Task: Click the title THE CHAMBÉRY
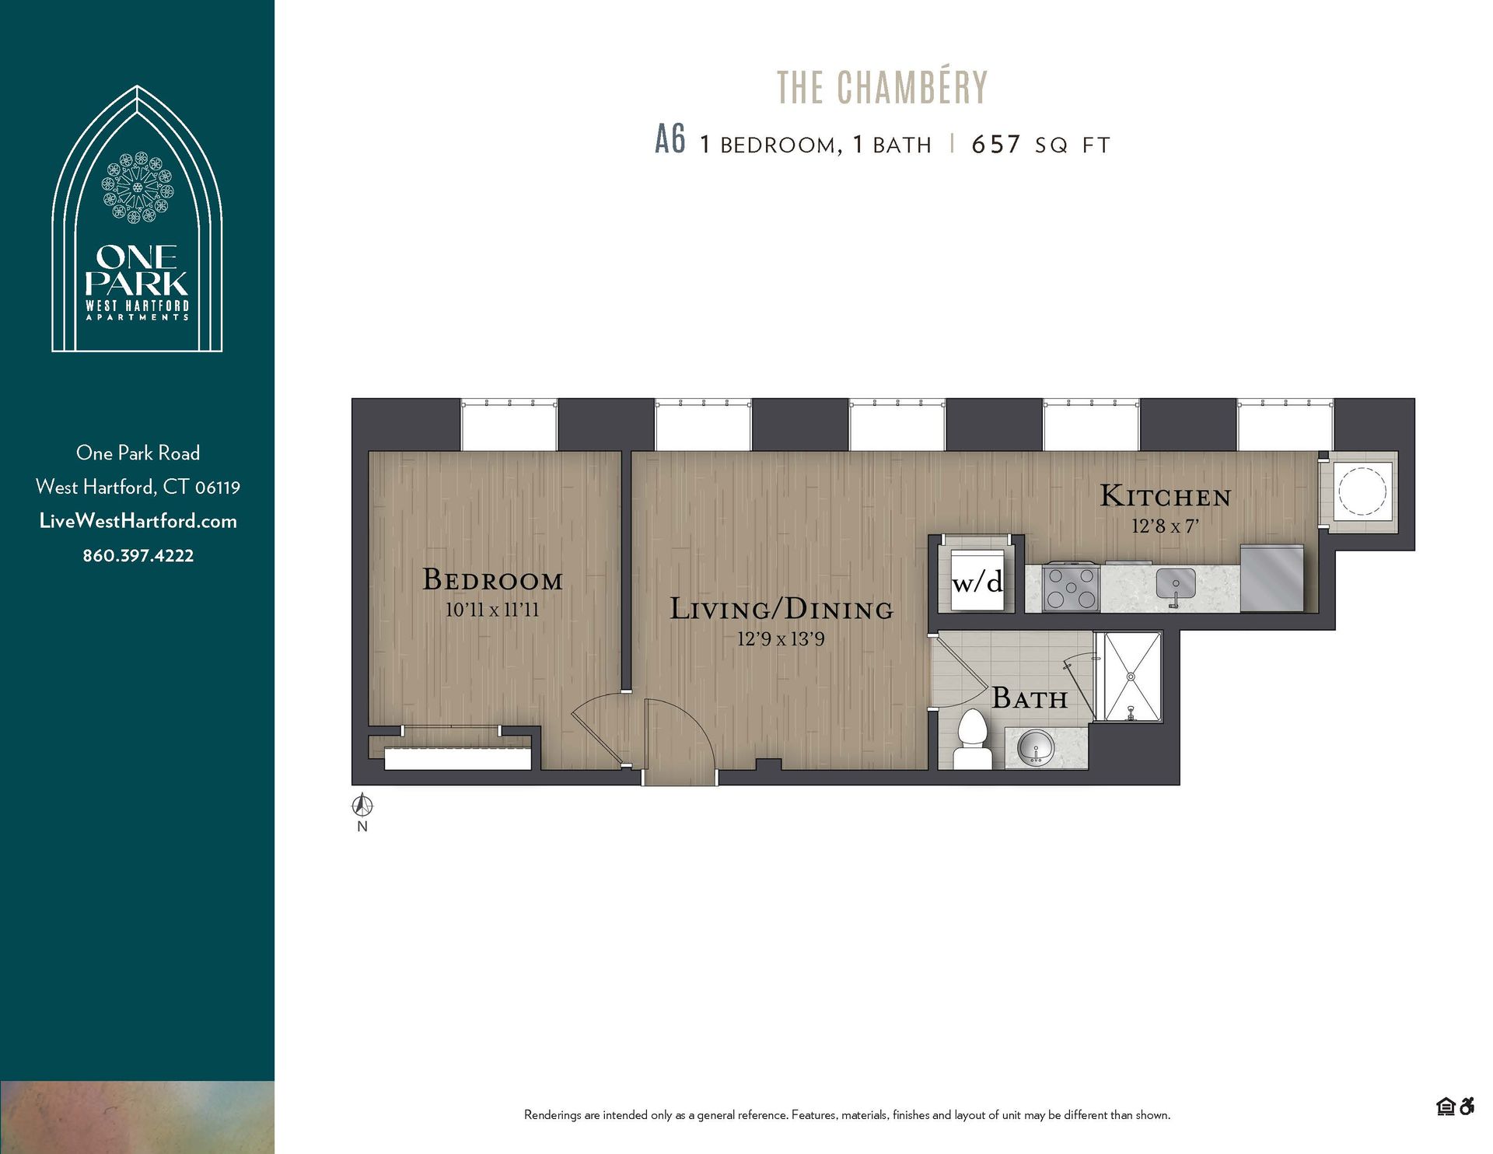(882, 87)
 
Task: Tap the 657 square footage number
(995, 145)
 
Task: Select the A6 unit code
(670, 142)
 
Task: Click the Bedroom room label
(492, 580)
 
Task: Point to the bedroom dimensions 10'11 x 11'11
(491, 610)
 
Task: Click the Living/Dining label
(781, 609)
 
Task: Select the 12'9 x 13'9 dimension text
(781, 639)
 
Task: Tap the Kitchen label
(1165, 496)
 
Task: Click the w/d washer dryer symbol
(977, 582)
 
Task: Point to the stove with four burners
(1071, 588)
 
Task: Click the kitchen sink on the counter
(1175, 586)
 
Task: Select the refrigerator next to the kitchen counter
(1271, 578)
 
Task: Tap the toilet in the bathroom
(972, 739)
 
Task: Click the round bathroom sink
(1035, 749)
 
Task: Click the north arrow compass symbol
(362, 806)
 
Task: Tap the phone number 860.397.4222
(138, 555)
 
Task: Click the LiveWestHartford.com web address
(138, 521)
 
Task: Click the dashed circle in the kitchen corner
(1362, 491)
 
